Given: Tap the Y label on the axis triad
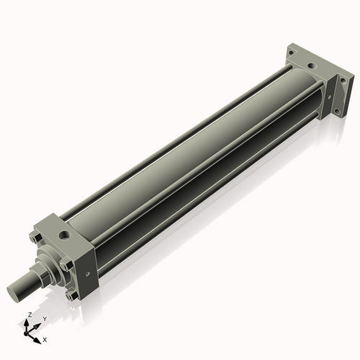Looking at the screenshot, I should [45, 318].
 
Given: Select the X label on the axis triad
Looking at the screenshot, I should [45, 338].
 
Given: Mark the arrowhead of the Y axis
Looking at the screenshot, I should [38, 324].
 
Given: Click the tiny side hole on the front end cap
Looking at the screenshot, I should [87, 274].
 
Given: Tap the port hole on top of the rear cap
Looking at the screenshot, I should [311, 67].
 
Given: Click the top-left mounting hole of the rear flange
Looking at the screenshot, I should [291, 53].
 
